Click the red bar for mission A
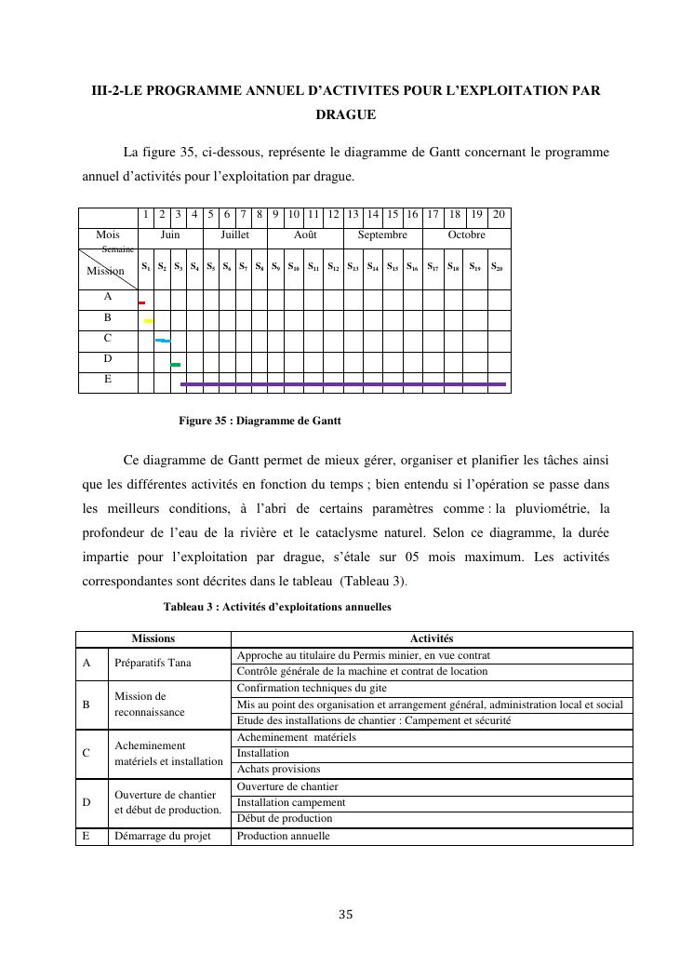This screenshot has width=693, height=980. click(x=141, y=302)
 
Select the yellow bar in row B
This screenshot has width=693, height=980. click(x=148, y=321)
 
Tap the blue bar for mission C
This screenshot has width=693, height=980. click(x=163, y=342)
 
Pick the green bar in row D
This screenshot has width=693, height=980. click(x=176, y=365)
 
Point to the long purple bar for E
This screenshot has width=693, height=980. click(x=343, y=383)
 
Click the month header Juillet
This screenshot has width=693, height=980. click(x=234, y=235)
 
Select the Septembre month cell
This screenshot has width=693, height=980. click(x=382, y=235)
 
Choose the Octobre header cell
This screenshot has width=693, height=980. click(x=466, y=235)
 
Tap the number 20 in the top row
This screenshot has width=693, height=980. click(x=499, y=215)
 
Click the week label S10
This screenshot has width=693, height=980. click(x=293, y=267)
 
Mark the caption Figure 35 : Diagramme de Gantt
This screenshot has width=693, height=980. click(x=260, y=421)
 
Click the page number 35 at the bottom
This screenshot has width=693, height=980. click(x=346, y=915)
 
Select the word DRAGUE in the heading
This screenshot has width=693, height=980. click(x=345, y=115)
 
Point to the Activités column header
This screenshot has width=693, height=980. click(x=431, y=638)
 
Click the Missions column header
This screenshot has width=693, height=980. click(x=153, y=638)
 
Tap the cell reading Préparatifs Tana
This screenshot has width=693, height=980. click(x=153, y=664)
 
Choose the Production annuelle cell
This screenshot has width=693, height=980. click(x=283, y=836)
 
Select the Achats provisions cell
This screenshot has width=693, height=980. click(x=278, y=769)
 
